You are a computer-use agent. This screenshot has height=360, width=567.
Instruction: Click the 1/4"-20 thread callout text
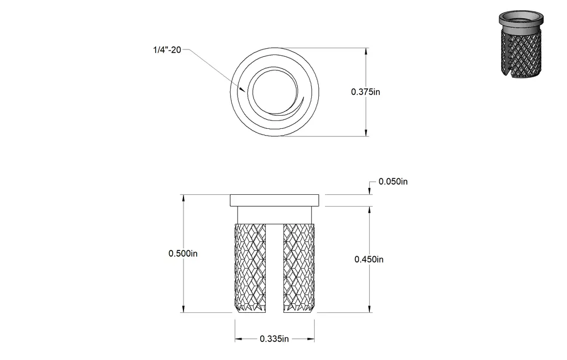coord(166,50)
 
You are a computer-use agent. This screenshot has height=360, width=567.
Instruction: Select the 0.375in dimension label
coord(365,92)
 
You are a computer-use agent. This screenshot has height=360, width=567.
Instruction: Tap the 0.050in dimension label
coord(393,182)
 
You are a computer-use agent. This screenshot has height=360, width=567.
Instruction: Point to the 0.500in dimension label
coord(183,253)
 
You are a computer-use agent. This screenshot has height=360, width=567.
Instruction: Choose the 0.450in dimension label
coord(369,259)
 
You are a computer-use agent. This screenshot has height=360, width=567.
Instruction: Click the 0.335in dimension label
coord(274,338)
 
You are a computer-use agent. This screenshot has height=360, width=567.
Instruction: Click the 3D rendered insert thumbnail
coord(521,43)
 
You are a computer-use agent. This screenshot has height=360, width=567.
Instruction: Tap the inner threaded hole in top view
coord(275,92)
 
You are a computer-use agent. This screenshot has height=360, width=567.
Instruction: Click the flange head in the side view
coord(274,200)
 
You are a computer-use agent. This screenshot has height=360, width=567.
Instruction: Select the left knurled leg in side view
coord(250,268)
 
